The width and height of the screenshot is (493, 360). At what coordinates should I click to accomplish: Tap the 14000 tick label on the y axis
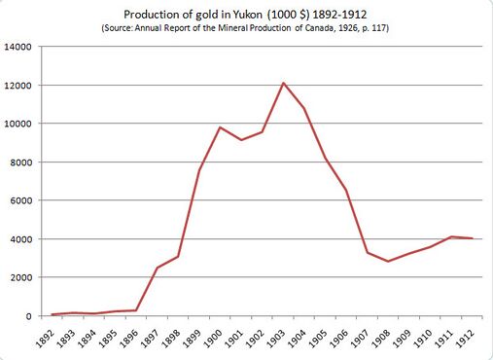pyautogui.click(x=20, y=47)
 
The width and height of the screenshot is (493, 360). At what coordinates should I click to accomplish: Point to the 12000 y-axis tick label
pyautogui.click(x=20, y=86)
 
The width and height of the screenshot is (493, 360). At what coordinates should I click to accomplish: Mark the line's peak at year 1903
pyautogui.click(x=283, y=83)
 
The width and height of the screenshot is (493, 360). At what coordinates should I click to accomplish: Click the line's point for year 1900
pyautogui.click(x=220, y=127)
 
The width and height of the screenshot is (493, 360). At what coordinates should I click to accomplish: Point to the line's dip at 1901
pyautogui.click(x=241, y=140)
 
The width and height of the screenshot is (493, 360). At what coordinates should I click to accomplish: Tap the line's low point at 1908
pyautogui.click(x=388, y=262)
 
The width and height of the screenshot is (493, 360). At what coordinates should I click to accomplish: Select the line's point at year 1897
pyautogui.click(x=157, y=268)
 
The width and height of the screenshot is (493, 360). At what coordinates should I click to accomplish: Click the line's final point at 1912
pyautogui.click(x=472, y=238)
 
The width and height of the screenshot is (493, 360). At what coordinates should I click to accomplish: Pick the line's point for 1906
pyautogui.click(x=346, y=190)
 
